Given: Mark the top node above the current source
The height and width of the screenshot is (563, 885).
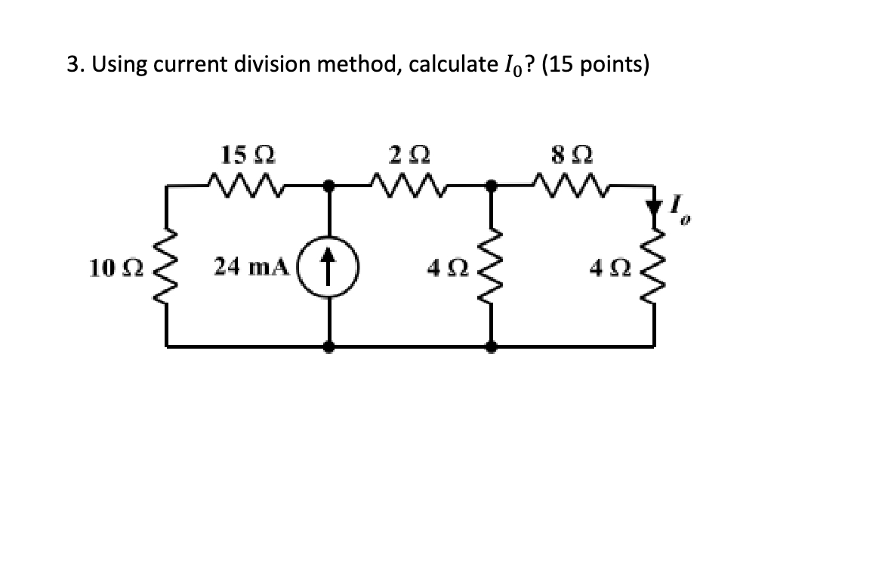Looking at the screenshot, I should [x=329, y=183].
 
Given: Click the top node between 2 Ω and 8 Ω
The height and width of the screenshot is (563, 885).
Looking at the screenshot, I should [x=492, y=183].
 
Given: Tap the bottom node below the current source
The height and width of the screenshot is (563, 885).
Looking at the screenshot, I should [x=329, y=347].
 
